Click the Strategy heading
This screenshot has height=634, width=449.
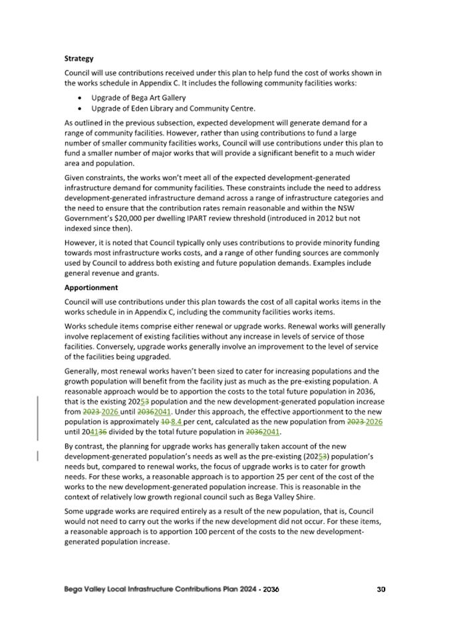point(78,59)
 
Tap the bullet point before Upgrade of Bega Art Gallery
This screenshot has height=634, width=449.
point(80,97)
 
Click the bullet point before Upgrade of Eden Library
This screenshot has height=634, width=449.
point(80,108)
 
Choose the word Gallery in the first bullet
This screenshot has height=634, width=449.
point(158,97)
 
